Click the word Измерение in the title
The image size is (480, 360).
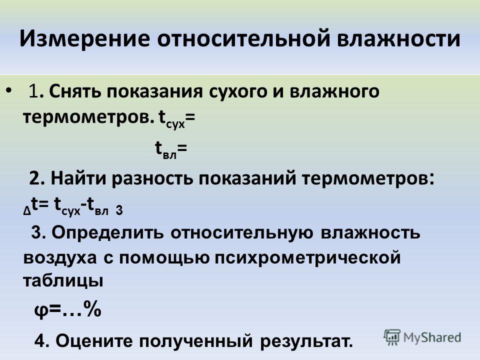[x=85, y=38]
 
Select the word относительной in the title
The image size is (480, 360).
[x=244, y=38]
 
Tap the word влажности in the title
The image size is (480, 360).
[x=399, y=38]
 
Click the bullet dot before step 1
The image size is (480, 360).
[x=9, y=90]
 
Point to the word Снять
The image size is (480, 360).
[x=74, y=91]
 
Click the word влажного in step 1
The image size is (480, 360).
[x=334, y=91]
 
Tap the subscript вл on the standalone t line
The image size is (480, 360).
[x=169, y=155]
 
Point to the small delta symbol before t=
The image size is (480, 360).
[x=27, y=211]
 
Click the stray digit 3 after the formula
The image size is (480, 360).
[x=119, y=211]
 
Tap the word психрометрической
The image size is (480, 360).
[x=307, y=258]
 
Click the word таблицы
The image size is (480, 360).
[x=63, y=280]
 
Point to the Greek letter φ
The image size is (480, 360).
[x=41, y=311]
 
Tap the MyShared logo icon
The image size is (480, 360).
[x=392, y=337]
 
